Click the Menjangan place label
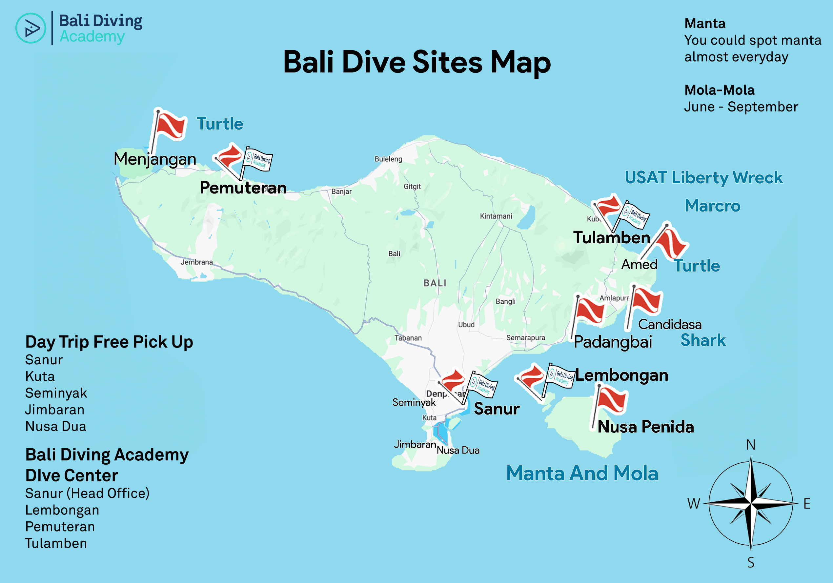(155, 159)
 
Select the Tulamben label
(611, 238)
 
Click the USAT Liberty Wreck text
(703, 178)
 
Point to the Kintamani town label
(496, 216)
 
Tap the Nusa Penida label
(645, 427)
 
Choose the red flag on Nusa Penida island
(612, 400)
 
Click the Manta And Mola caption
(582, 473)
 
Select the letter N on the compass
(751, 445)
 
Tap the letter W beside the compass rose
(693, 504)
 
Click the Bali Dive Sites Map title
(416, 62)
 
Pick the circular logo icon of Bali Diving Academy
(31, 28)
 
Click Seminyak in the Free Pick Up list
(56, 393)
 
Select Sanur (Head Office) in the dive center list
(87, 493)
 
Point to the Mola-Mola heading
(719, 90)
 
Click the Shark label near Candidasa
(703, 340)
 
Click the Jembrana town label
(197, 262)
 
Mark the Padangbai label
(613, 342)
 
